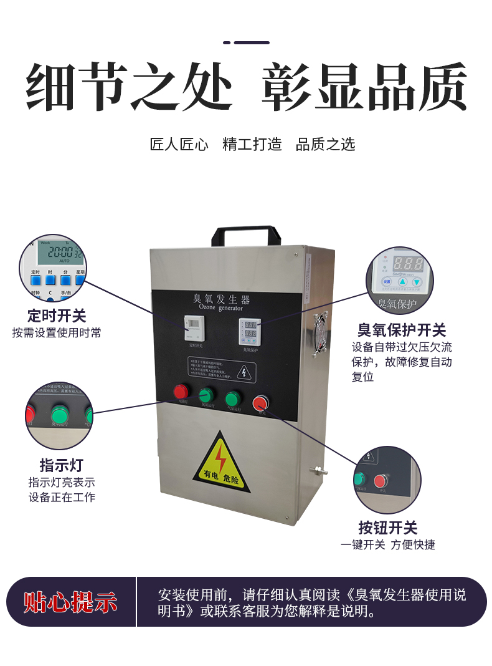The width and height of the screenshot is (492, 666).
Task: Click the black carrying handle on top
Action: pyautogui.click(x=243, y=233)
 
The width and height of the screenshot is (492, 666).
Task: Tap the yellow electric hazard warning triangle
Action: pyautogui.click(x=219, y=464)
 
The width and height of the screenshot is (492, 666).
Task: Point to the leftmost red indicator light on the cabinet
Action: pyautogui.click(x=181, y=392)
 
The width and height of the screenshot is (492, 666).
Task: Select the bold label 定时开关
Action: pyautogui.click(x=57, y=316)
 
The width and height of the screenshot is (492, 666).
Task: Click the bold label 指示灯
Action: pyautogui.click(x=61, y=465)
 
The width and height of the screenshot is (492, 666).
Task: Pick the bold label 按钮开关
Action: pyautogui.click(x=387, y=528)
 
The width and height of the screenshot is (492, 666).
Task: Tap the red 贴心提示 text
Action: pyautogui.click(x=70, y=602)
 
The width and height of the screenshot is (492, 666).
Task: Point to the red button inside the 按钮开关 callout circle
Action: pyautogui.click(x=381, y=481)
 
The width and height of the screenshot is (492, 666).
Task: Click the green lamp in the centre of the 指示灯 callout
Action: pyautogui.click(x=60, y=415)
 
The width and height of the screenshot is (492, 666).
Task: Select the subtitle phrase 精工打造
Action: pyautogui.click(x=252, y=145)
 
